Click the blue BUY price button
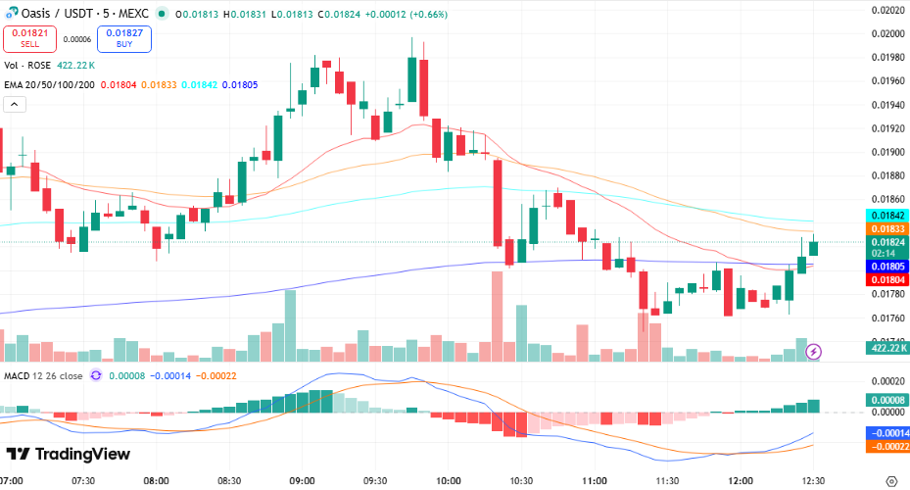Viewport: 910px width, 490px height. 123,38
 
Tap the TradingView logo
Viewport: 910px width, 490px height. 68,454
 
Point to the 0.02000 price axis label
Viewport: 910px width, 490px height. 887,33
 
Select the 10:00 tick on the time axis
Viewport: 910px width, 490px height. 449,480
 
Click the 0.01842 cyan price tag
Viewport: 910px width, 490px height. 887,215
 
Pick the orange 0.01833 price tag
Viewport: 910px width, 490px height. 887,228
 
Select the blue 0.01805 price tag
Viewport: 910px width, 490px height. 887,266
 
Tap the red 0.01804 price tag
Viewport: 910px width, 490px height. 887,279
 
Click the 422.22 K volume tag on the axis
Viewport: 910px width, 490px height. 887,347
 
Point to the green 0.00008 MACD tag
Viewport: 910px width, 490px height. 887,400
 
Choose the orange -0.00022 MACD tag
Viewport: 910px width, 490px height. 887,446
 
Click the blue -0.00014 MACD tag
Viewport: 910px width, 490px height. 887,432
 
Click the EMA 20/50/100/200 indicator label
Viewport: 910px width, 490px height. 48,85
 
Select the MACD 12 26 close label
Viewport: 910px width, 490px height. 44,374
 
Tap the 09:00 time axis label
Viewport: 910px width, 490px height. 302,480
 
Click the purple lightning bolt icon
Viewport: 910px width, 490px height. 814,351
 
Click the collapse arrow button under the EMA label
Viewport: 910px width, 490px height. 15,105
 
